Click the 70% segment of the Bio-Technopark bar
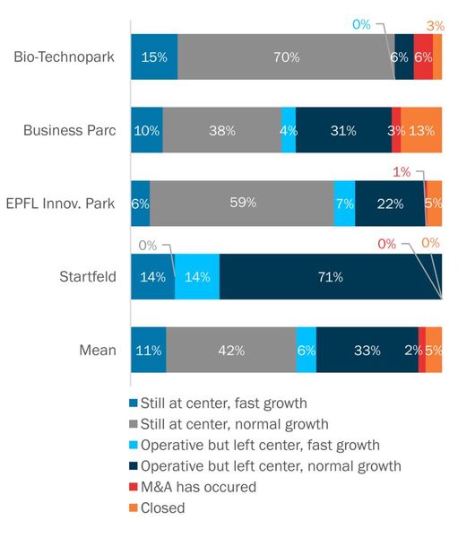(286, 57)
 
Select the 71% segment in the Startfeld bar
(330, 276)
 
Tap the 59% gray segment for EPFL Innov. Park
(242, 204)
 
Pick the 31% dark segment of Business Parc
(343, 130)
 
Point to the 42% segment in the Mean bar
(231, 350)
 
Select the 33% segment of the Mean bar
(367, 350)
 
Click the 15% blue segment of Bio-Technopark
(154, 57)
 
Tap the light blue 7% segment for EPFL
(345, 204)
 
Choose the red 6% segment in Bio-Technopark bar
(423, 57)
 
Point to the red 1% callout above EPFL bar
(402, 170)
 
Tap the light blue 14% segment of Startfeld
(196, 276)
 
